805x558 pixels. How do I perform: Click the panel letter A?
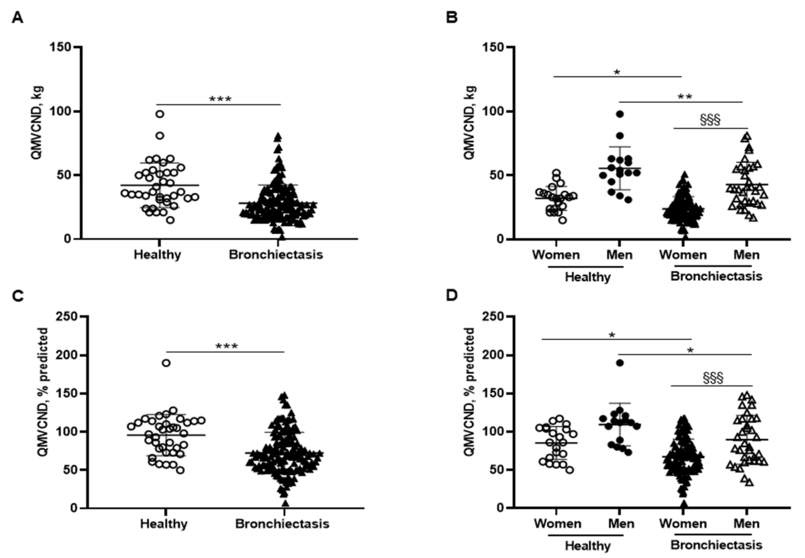click(x=17, y=17)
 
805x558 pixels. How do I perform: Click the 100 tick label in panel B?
click(x=493, y=111)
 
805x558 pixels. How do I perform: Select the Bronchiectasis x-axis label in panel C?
click(x=282, y=524)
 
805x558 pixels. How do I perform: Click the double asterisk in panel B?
click(x=685, y=97)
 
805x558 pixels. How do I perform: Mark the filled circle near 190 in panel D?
click(x=620, y=363)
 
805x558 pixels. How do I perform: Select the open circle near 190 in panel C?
click(x=166, y=363)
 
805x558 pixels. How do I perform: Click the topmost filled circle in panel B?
click(x=620, y=114)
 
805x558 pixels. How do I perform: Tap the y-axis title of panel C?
click(x=43, y=392)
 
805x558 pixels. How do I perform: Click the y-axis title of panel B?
click(x=470, y=122)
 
